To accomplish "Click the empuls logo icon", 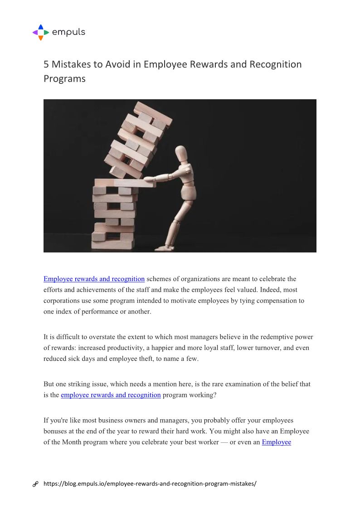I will click(40, 32).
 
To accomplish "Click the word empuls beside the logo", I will click(68, 32).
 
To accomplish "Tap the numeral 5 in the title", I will click(46, 64).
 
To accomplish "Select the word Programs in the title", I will click(64, 78).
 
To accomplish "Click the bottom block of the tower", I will click(113, 244).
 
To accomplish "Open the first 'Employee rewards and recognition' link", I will click(94, 279).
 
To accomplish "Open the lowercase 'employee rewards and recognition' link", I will click(111, 395).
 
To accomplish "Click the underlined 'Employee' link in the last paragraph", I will click(276, 442).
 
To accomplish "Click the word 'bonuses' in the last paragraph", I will click(55, 431).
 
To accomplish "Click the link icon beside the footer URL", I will click(35, 484).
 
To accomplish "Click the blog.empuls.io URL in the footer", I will click(150, 484).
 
